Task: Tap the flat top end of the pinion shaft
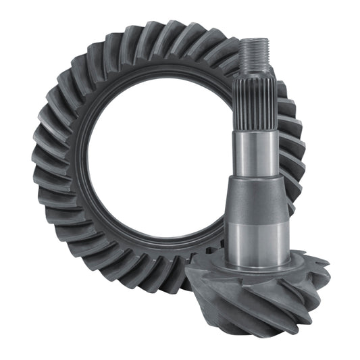(255, 40)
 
